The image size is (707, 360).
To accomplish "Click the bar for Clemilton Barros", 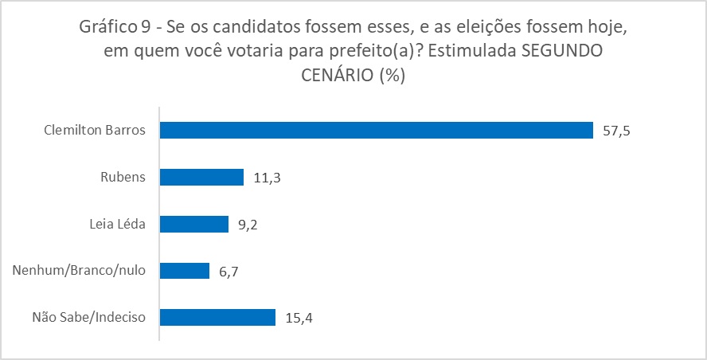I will point(377,131).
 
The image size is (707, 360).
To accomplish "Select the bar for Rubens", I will point(201,178).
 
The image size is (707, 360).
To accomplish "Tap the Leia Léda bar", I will point(193,225).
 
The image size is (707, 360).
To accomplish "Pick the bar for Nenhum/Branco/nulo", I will point(184,271).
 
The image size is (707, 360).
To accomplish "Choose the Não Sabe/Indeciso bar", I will point(217,318).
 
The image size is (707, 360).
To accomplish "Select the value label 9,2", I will point(248,225).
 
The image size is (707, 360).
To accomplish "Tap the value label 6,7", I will point(229,272).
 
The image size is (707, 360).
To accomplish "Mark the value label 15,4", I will point(299,319).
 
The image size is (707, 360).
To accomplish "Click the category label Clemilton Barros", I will point(95,131).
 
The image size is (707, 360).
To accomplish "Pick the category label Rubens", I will point(124,178).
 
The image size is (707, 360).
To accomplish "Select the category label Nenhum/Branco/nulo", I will point(80,271).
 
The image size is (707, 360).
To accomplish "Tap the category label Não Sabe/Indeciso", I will point(88,318).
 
